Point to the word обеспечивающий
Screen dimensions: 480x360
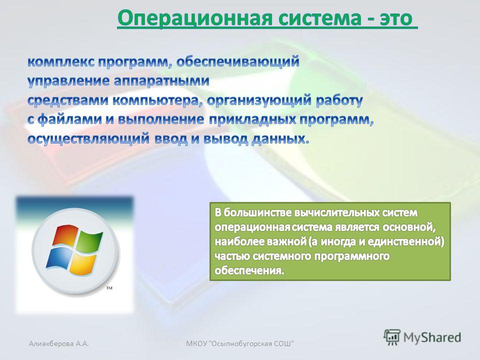tap(238, 62)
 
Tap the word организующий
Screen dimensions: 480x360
tap(259, 100)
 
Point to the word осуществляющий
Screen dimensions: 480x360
tap(88, 139)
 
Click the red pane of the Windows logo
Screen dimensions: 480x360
tap(65, 235)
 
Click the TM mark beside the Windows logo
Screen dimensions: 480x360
tap(109, 288)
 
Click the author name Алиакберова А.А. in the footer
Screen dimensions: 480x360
tap(59, 343)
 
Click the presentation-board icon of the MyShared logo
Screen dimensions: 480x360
tap(392, 337)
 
